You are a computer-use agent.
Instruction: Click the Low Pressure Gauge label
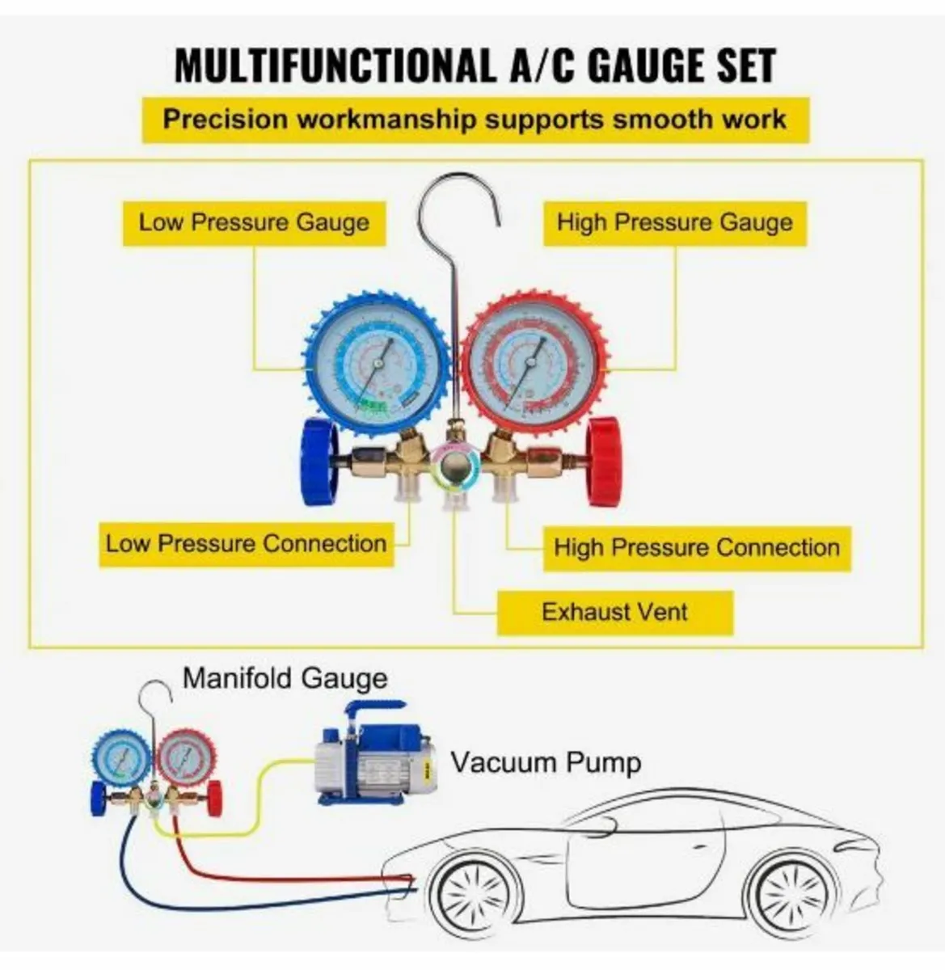[253, 223]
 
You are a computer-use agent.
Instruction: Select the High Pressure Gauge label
[674, 223]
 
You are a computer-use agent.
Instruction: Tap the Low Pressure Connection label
[246, 543]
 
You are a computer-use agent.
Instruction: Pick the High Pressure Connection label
[696, 548]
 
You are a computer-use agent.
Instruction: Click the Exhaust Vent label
[614, 612]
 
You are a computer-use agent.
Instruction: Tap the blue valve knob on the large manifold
[319, 462]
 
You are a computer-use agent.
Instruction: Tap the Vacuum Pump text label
[546, 761]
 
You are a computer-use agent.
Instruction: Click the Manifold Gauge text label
[285, 677]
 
